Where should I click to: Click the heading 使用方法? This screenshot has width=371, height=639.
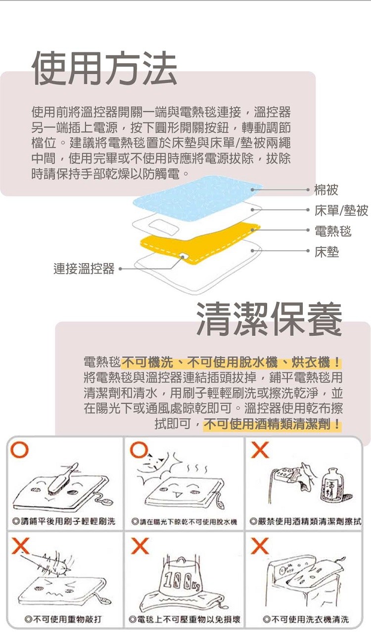click(x=104, y=68)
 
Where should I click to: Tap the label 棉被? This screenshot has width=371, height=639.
click(x=326, y=190)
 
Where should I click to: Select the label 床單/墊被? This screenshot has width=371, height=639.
click(x=341, y=210)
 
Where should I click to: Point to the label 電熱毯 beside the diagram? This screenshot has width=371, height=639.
click(x=333, y=231)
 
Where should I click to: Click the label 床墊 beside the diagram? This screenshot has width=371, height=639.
click(x=326, y=252)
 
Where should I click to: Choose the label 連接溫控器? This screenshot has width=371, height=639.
click(x=84, y=269)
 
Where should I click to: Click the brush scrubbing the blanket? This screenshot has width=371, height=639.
click(x=63, y=479)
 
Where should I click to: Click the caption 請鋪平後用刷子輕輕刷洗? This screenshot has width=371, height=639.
click(x=64, y=521)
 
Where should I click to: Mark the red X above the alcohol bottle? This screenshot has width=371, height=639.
click(x=260, y=450)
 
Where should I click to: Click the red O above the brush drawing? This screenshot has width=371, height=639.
click(x=19, y=450)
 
